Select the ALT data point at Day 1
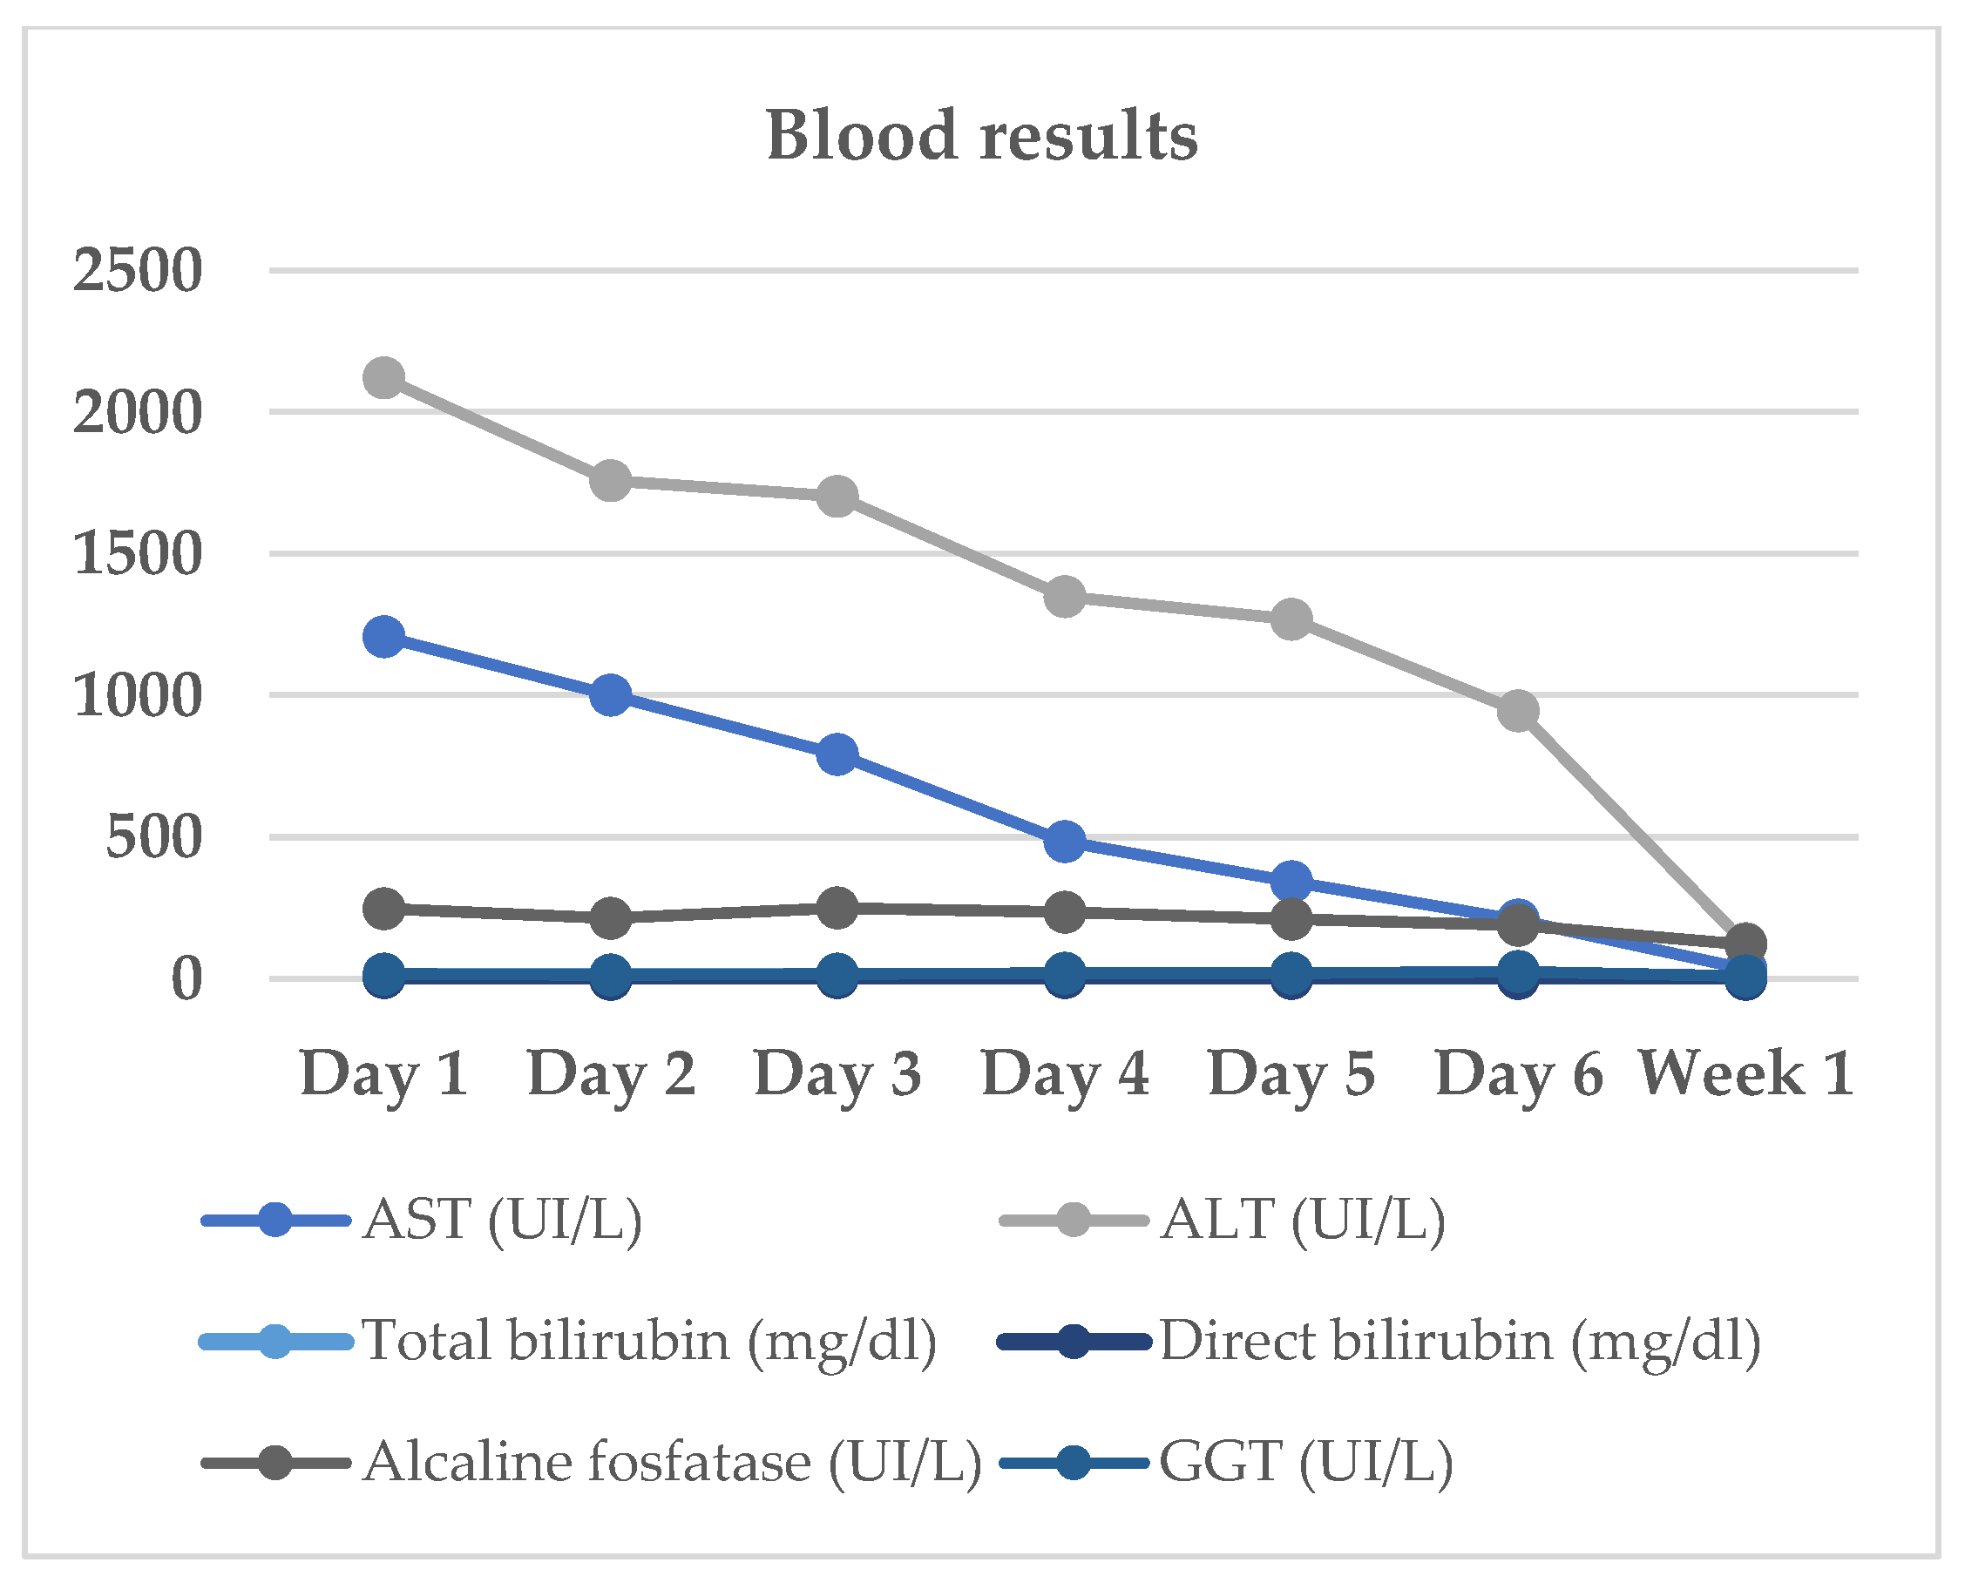(x=384, y=376)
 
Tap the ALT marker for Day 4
(x=1064, y=598)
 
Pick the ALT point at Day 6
(x=1518, y=710)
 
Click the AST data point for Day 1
(x=384, y=636)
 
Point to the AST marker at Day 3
(x=837, y=754)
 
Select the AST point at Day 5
(x=1291, y=881)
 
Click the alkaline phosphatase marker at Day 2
(x=610, y=917)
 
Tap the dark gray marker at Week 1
(x=1746, y=943)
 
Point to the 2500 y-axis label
(x=137, y=271)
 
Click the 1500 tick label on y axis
(x=137, y=553)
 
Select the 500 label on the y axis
(x=153, y=837)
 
